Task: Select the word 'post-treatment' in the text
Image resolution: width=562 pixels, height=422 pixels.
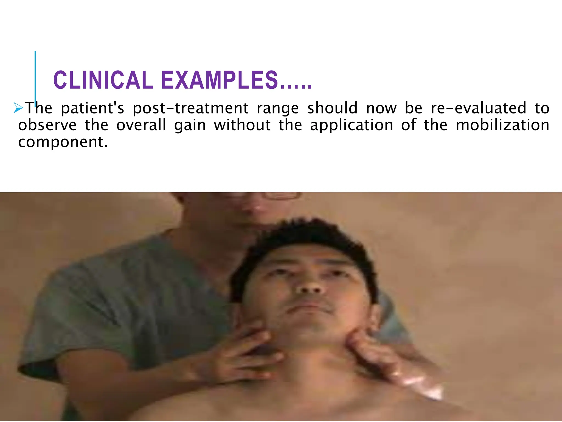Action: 190,108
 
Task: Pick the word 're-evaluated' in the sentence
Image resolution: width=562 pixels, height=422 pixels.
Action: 478,108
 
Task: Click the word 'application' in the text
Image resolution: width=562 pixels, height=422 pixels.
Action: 352,126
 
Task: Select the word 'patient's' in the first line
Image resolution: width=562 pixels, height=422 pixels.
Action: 92,108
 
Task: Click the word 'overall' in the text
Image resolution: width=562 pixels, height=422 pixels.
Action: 141,125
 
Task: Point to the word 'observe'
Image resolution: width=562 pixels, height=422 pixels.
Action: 47,125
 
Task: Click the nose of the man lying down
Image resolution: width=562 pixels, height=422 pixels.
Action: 310,286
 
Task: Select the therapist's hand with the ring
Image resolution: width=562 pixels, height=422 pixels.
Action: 390,363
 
